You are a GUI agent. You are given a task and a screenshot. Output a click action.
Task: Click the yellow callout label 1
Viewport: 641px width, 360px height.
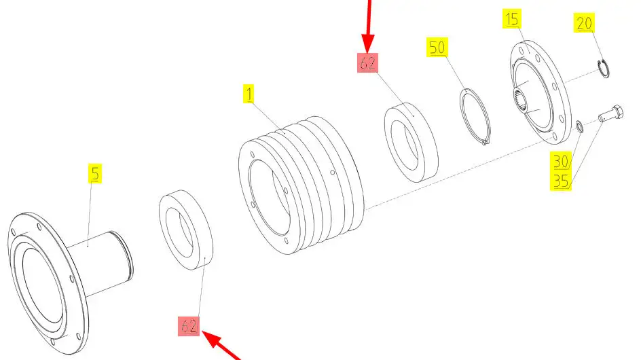point(249,94)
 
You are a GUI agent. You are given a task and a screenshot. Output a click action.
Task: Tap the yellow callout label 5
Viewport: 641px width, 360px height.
point(95,173)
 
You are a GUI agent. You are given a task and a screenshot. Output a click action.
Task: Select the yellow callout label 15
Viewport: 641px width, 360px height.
point(512,19)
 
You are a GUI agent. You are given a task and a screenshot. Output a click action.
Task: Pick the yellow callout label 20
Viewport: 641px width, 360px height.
point(584,23)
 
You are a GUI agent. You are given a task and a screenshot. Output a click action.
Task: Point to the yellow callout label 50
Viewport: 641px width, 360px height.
point(437,47)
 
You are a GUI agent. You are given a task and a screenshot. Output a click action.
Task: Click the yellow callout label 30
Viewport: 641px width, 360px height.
point(561,161)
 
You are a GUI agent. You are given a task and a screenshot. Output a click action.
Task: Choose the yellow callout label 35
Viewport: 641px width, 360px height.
point(561,181)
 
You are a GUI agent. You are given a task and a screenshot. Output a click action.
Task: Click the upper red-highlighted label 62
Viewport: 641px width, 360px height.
point(367,62)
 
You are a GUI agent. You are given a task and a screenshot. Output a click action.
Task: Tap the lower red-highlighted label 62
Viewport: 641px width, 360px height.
point(189,326)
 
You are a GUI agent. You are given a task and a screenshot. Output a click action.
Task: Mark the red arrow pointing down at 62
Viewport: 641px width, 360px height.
point(368,25)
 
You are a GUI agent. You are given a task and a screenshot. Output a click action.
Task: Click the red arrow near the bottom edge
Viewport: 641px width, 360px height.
point(221,345)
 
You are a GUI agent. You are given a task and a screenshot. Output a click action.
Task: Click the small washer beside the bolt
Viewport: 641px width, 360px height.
point(579,126)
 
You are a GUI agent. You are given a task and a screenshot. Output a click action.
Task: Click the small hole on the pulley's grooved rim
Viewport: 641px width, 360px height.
point(332,173)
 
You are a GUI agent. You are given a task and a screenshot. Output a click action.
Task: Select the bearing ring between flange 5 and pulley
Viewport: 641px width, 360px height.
point(186,230)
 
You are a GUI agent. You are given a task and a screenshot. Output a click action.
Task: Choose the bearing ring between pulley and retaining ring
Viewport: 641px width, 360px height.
point(411,143)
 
